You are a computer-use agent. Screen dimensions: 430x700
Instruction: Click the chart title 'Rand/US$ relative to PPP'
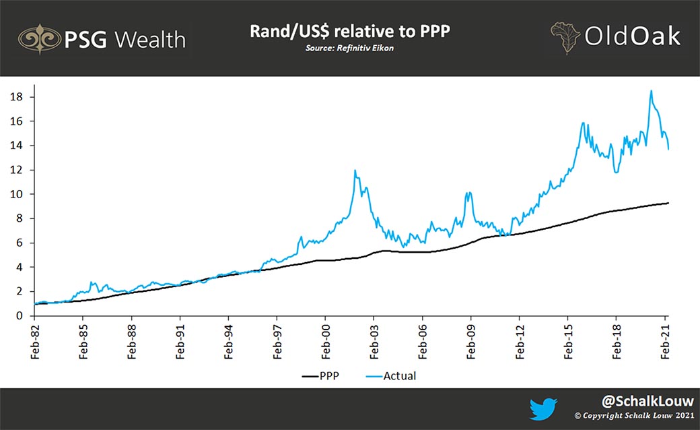349,32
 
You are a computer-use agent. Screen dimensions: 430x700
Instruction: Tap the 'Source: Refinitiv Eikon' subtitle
349,49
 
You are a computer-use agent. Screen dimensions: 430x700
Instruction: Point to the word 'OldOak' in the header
632,37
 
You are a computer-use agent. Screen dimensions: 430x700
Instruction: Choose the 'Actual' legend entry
400,375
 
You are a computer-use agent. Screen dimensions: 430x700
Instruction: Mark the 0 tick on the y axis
21,315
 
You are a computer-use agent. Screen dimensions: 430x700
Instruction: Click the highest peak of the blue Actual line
652,91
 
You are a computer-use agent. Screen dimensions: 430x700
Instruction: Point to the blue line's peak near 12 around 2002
355,171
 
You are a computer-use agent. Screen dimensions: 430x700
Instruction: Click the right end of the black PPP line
668,203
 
